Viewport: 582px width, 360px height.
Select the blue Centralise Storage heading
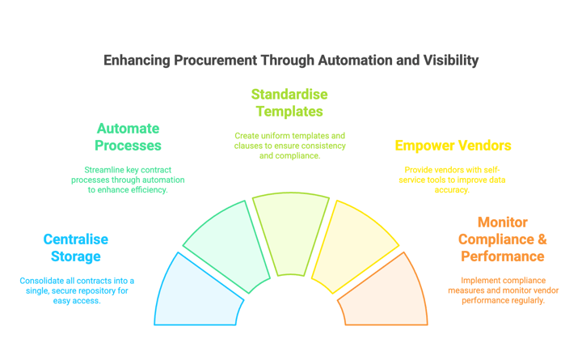(75, 248)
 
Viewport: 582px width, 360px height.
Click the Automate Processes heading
(128, 137)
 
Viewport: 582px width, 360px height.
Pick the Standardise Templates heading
(289, 103)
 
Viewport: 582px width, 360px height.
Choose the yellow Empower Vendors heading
(453, 146)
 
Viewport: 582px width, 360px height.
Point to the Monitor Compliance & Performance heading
(502, 239)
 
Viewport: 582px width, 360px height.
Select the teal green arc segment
(228, 244)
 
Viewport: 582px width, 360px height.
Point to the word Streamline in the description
(104, 169)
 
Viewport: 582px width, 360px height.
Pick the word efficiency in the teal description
(145, 189)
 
